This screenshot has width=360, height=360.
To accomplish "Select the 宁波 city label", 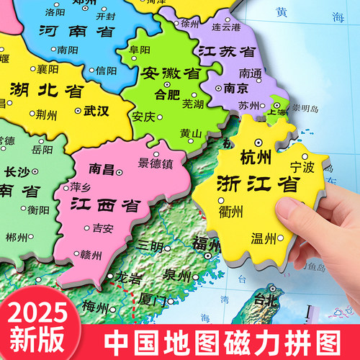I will click(302, 166).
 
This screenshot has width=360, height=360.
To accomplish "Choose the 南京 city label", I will click(235, 90).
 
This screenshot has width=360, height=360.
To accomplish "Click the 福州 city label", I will click(206, 243).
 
